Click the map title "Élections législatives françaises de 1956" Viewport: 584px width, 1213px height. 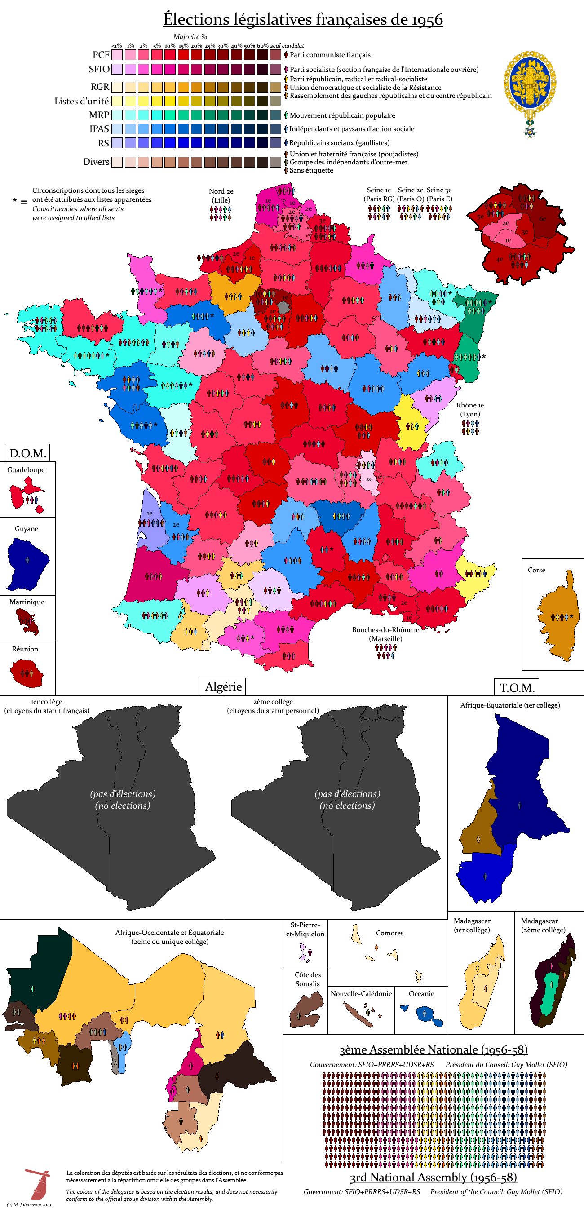tap(303, 19)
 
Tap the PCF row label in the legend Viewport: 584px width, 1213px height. tap(101, 55)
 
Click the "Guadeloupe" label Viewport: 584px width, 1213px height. tap(26, 469)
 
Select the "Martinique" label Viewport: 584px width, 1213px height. tap(27, 602)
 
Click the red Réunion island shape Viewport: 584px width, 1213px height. tap(27, 673)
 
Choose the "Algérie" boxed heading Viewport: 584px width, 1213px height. tap(223, 686)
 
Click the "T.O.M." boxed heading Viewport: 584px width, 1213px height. tap(517, 687)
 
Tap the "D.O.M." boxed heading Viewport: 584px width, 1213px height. tap(27, 453)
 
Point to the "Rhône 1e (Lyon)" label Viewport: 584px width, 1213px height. tap(470, 410)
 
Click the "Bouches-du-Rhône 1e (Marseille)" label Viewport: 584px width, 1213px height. tap(385, 634)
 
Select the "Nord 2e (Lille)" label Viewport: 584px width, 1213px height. tap(221, 195)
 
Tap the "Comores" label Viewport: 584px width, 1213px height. tap(389, 933)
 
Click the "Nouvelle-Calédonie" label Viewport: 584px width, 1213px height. tap(361, 993)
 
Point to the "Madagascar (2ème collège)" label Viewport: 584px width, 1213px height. tap(543, 925)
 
